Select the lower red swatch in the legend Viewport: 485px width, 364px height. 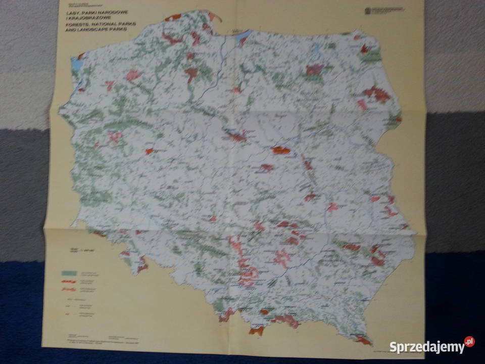68,289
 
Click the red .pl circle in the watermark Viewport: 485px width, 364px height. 469,342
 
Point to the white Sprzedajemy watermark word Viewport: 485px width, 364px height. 427,347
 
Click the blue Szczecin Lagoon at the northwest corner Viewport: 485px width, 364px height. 76,64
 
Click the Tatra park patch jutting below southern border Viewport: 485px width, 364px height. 257,331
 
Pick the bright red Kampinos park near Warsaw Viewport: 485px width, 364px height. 281,150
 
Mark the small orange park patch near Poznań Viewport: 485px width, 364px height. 149,151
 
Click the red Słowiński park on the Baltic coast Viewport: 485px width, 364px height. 173,17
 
